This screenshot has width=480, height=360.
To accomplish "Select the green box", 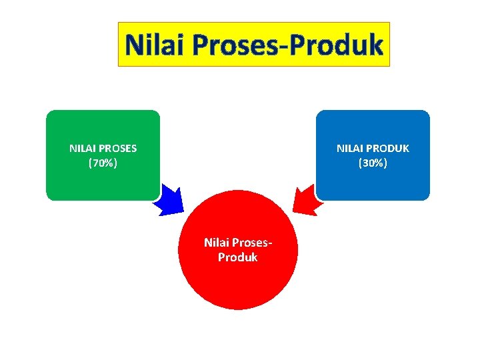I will [103, 180].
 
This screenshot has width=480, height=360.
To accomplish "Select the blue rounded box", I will [373, 180].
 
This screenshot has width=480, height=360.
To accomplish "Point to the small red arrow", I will [306, 201].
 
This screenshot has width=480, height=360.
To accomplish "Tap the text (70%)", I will [103, 162].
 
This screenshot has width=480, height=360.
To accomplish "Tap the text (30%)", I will [373, 162].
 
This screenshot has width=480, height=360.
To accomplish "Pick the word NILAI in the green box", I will [82, 148].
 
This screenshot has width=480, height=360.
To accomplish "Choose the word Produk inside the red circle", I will [238, 257].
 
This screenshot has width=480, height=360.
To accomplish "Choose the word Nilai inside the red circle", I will [217, 242].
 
